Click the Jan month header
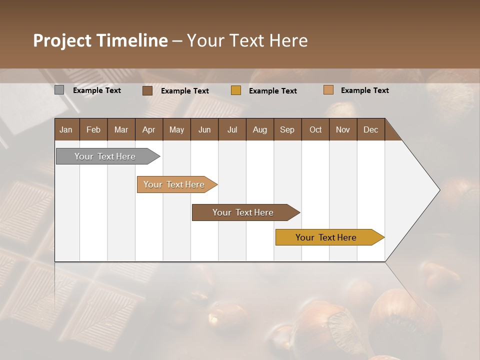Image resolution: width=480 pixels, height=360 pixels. [x=66, y=129]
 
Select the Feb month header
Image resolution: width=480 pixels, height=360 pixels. [x=93, y=129]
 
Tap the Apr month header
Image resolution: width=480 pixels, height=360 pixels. [x=148, y=129]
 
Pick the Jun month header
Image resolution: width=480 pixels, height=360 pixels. [x=204, y=129]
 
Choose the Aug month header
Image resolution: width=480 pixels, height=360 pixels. [x=259, y=129]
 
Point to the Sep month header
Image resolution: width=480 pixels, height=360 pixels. [x=287, y=129]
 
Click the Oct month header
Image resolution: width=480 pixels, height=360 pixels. [x=315, y=129]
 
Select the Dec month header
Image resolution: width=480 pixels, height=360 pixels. [x=370, y=129]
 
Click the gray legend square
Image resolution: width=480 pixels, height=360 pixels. [x=59, y=90]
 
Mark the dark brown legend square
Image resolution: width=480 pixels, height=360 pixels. [x=147, y=90]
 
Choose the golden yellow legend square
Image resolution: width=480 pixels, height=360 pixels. [x=236, y=90]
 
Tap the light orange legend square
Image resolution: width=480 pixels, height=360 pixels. [x=328, y=90]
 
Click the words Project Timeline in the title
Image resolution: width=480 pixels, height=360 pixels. [x=100, y=40]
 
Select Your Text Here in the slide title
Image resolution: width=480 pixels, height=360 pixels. [x=247, y=40]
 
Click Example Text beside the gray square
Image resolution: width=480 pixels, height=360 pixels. [x=97, y=90]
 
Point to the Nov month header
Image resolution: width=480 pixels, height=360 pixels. [x=342, y=129]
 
